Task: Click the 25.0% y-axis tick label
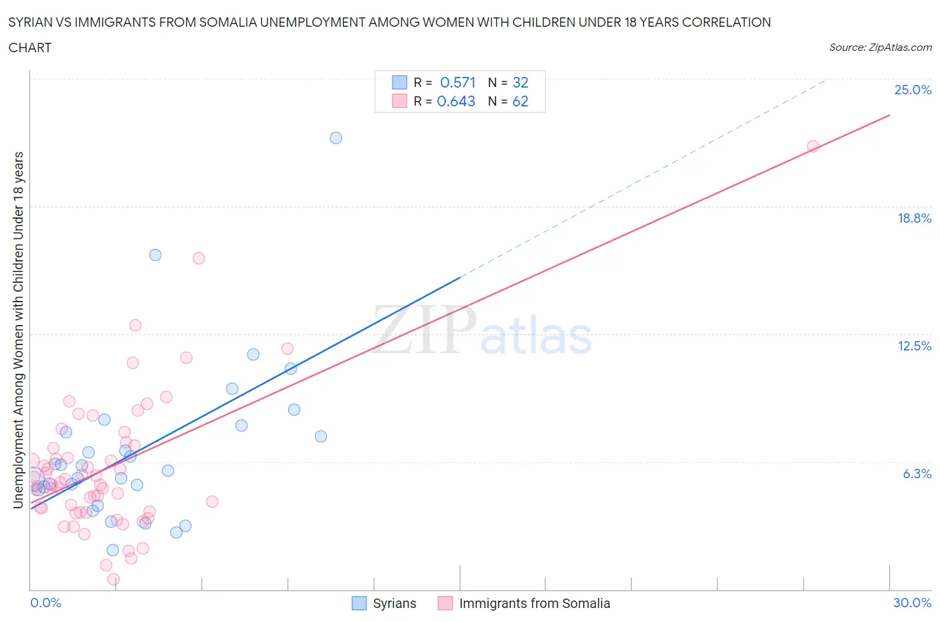[x=913, y=90]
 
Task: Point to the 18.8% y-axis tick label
[x=914, y=218]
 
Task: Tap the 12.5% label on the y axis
[x=914, y=346]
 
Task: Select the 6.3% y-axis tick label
[x=917, y=474]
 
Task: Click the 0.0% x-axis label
[x=45, y=603]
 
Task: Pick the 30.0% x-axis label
[x=912, y=603]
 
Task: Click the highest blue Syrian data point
[x=336, y=138]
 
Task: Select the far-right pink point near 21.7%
[x=813, y=146]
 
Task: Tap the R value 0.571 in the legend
[x=457, y=82]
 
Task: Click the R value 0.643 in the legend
[x=456, y=101]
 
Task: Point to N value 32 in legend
[x=520, y=82]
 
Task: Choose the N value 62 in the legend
[x=520, y=101]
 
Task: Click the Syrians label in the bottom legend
[x=394, y=603]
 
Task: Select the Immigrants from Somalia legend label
[x=534, y=603]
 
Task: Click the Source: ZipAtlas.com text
[x=880, y=47]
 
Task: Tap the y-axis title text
[x=18, y=330]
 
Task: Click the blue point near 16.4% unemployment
[x=155, y=255]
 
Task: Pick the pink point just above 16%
[x=199, y=258]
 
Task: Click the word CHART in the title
[x=30, y=47]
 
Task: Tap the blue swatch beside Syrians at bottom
[x=359, y=603]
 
